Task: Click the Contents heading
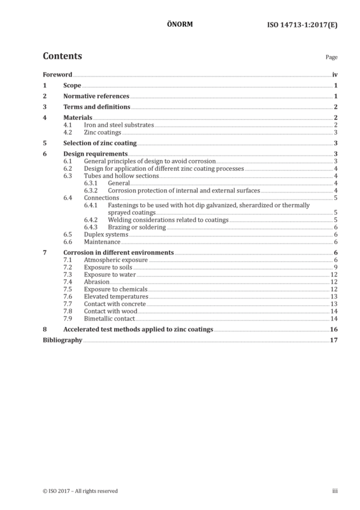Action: [62, 56]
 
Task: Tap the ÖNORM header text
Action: [180, 24]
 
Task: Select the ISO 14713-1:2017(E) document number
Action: [302, 25]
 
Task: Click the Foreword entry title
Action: [57, 75]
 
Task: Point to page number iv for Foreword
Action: [335, 75]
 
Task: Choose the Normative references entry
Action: [96, 96]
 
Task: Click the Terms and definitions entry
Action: [97, 106]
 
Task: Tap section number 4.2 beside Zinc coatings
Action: [68, 133]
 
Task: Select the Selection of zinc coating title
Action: [100, 143]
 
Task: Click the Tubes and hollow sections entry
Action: [121, 176]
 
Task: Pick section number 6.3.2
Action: [90, 191]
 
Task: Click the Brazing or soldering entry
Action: [137, 227]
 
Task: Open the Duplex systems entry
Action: [106, 235]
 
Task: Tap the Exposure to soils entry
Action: [108, 267]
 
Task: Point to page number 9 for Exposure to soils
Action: [336, 267]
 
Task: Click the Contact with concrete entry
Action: [115, 304]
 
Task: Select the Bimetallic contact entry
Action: [109, 319]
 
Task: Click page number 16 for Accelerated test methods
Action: [334, 329]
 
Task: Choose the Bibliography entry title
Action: [62, 340]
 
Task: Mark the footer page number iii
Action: [335, 491]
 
